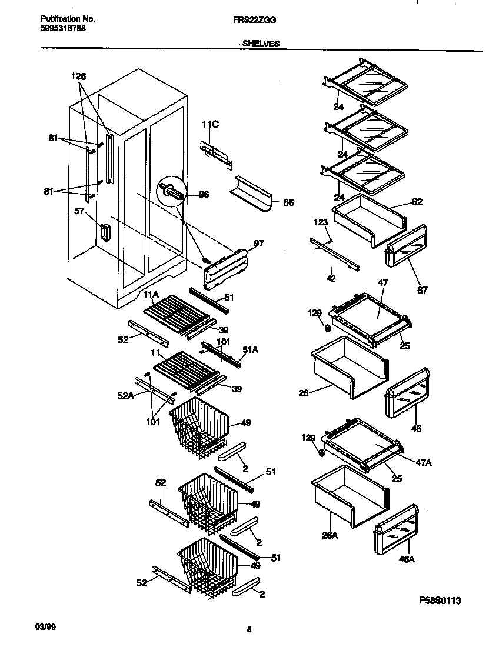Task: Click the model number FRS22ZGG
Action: click(x=254, y=19)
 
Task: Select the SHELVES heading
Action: click(x=261, y=43)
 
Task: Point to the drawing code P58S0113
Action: click(x=440, y=601)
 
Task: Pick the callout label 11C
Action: click(x=210, y=124)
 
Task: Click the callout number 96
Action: click(x=204, y=195)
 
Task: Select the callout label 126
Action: click(x=78, y=76)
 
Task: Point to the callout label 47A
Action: click(x=423, y=463)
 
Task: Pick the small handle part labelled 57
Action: click(x=105, y=233)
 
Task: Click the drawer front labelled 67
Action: click(x=406, y=247)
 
